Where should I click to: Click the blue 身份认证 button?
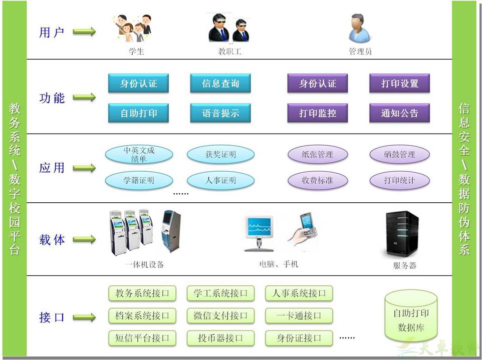click(x=138, y=84)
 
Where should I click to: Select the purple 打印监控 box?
click(x=318, y=113)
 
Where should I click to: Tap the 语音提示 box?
click(x=220, y=113)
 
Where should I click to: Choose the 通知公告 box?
click(x=399, y=113)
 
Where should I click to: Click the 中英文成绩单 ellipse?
click(x=139, y=154)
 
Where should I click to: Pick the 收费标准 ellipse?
click(x=318, y=180)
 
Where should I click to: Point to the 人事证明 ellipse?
click(x=220, y=180)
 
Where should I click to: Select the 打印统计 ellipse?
click(x=399, y=180)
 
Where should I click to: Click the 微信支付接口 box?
click(x=220, y=315)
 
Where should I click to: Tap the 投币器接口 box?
click(x=220, y=338)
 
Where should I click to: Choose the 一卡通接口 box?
click(x=299, y=315)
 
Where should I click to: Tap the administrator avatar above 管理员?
click(x=359, y=29)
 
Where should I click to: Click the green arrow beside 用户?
click(x=84, y=32)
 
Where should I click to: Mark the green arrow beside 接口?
click(x=84, y=317)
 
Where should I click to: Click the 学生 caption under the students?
click(x=136, y=51)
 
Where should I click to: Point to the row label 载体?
click(x=52, y=239)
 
